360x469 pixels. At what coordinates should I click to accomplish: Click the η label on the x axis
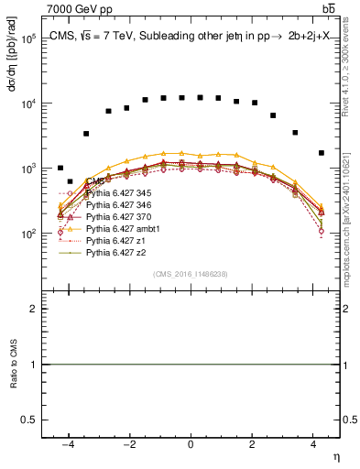(x=335, y=456)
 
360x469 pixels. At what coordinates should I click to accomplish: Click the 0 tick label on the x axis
(x=191, y=444)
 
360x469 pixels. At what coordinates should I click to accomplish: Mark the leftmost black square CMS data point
(x=60, y=168)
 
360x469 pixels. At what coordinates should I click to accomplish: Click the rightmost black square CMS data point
(x=321, y=153)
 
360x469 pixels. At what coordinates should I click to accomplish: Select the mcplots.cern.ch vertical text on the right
(x=352, y=202)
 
